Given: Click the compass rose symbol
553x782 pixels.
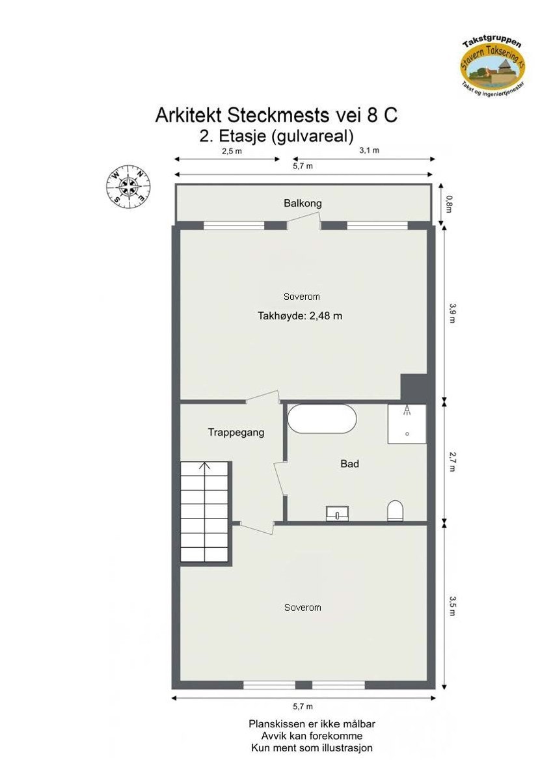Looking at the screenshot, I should [128, 185].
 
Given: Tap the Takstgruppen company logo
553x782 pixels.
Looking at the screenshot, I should [492, 63].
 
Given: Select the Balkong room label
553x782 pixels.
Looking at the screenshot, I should [303, 204].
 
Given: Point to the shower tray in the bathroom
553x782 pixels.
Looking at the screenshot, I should [407, 424].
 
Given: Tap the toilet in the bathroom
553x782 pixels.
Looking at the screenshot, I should [395, 510].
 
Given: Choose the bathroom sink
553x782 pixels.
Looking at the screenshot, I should [338, 513].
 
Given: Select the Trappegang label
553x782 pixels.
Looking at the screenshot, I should [236, 432].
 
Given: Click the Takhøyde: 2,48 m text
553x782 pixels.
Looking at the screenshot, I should [301, 316].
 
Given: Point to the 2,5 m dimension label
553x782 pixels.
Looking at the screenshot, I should [232, 151].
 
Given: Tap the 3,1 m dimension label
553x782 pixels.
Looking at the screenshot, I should [370, 151].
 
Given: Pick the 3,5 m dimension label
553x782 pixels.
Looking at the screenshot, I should [452, 607].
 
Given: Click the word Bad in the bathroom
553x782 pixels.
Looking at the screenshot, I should [350, 464].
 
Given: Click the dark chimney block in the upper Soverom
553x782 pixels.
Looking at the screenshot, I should [412, 387].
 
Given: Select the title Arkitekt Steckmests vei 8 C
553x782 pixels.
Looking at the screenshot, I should [276, 115].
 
